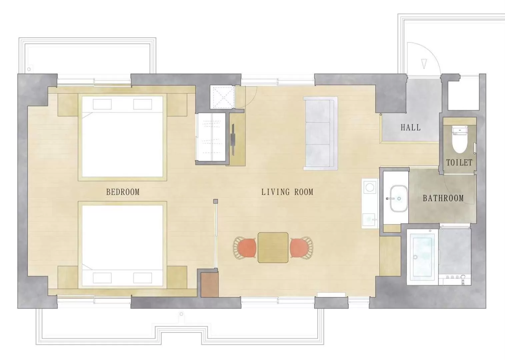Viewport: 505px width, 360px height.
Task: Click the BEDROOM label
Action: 123,192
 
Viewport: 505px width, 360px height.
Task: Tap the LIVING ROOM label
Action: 287,192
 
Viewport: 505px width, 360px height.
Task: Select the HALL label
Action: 410,127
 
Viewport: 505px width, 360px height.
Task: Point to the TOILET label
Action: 459,163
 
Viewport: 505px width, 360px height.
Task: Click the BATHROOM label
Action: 443,198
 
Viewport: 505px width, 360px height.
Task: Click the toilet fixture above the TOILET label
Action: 460,139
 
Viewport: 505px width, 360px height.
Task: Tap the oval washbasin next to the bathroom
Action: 399,199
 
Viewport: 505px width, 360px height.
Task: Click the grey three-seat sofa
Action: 320,133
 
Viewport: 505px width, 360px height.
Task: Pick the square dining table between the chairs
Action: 273,248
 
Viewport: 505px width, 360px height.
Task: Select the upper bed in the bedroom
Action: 122,137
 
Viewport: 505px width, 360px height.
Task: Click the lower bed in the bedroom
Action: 122,245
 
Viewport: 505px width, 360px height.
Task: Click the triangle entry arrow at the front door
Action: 424,63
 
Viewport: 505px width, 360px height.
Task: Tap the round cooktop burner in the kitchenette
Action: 370,187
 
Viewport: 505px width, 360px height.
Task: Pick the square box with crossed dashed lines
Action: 223,97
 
